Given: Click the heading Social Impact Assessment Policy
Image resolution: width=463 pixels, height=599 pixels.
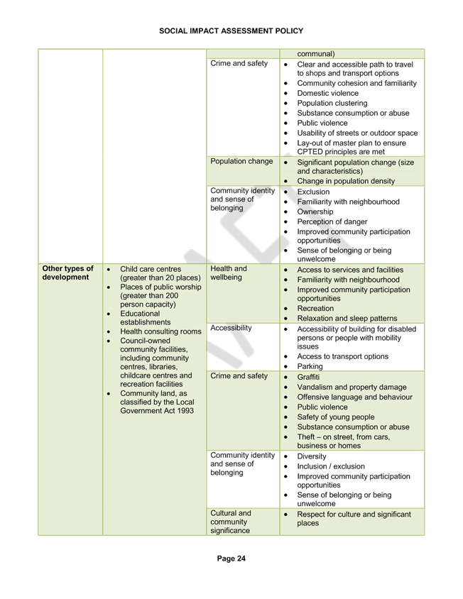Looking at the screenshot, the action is pyautogui.click(x=231, y=31).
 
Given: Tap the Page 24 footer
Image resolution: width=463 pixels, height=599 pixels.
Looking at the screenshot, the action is pyautogui.click(x=231, y=559).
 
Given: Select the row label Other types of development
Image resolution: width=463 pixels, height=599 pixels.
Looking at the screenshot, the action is pyautogui.click(x=67, y=273).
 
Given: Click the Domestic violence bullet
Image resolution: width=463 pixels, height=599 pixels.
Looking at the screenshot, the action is pyautogui.click(x=327, y=93).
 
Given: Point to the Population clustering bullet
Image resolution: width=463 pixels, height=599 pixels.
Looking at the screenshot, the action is pyautogui.click(x=332, y=103).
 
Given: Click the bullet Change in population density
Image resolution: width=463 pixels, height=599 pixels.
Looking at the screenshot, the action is pyautogui.click(x=346, y=181).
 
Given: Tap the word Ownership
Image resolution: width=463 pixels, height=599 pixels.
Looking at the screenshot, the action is pyautogui.click(x=315, y=211).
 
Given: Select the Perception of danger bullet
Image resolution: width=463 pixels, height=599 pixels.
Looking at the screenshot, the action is pyautogui.click(x=332, y=221).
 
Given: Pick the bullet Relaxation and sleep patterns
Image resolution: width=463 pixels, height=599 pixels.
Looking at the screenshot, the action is pyautogui.click(x=347, y=318).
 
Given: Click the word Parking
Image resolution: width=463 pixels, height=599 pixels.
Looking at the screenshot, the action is pyautogui.click(x=310, y=366).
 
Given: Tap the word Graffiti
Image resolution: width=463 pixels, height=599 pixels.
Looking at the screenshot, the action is pyautogui.click(x=308, y=377).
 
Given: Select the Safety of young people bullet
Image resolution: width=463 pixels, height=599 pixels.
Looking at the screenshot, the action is pyautogui.click(x=336, y=417).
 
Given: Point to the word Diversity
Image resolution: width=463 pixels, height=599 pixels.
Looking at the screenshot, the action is pyautogui.click(x=312, y=456).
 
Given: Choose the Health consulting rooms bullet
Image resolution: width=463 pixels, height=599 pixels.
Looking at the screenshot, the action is pyautogui.click(x=160, y=331).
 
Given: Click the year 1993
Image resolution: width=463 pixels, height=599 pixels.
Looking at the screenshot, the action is pyautogui.click(x=185, y=411).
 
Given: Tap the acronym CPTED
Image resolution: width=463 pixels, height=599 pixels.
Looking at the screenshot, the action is pyautogui.click(x=310, y=152).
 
